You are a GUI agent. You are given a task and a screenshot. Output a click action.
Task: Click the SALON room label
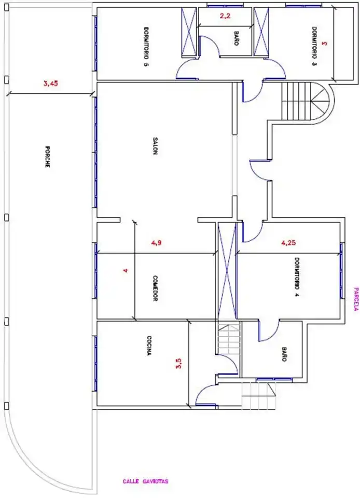(x=155, y=146)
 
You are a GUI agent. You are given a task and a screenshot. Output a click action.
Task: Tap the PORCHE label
(x=47, y=157)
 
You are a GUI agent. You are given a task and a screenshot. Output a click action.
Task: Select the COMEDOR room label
(x=155, y=288)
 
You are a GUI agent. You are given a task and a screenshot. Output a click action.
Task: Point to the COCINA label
(x=149, y=345)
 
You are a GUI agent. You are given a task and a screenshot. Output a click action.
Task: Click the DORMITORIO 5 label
(x=146, y=46)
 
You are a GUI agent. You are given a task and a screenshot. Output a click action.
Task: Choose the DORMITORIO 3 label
(x=314, y=46)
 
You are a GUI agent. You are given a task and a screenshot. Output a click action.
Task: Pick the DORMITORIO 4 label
(x=297, y=276)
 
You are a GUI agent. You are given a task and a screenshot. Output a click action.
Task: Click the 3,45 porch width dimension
(x=51, y=84)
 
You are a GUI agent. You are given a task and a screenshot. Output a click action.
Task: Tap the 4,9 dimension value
(x=156, y=243)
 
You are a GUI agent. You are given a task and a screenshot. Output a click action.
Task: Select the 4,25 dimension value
(x=288, y=243)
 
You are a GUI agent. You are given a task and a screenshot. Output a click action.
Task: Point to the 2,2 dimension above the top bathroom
(x=225, y=16)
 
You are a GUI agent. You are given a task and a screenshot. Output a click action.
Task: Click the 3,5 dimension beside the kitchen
(x=178, y=363)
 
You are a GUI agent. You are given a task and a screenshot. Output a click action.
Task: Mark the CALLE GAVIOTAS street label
(x=145, y=481)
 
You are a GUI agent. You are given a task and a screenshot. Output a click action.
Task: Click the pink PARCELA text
(x=356, y=299)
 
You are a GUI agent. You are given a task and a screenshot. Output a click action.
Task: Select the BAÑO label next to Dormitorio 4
(x=284, y=354)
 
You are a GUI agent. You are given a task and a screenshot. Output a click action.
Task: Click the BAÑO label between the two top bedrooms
(x=236, y=38)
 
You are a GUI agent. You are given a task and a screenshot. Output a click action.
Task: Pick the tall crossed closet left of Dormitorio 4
(x=227, y=271)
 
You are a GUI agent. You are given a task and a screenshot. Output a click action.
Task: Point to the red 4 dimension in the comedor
(x=126, y=271)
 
